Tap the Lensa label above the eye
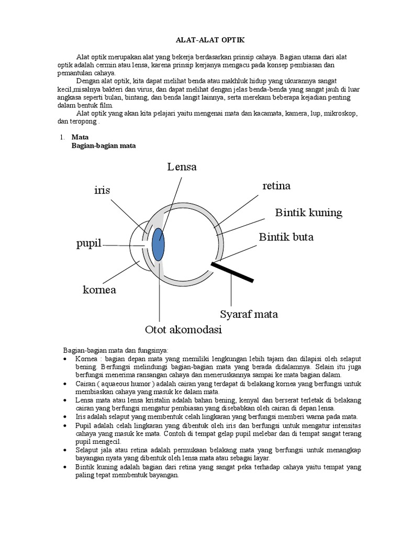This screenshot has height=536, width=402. tap(182, 167)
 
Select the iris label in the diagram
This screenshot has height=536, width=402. tap(102, 190)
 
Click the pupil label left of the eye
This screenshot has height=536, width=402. tap(88, 244)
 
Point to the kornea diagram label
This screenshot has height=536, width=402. tap(99, 289)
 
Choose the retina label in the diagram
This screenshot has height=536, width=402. tap(276, 186)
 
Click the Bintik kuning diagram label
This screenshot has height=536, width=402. tap(308, 212)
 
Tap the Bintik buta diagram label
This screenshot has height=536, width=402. tap(286, 237)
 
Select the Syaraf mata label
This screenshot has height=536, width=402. tap(249, 314)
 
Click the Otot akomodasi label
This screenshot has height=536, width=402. tap(183, 330)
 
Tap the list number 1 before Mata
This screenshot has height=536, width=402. tap(61, 137)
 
